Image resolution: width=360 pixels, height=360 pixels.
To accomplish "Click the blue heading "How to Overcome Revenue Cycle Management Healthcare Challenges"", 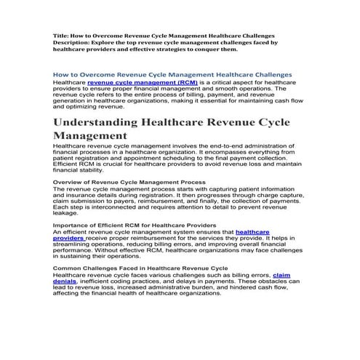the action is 173,74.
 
